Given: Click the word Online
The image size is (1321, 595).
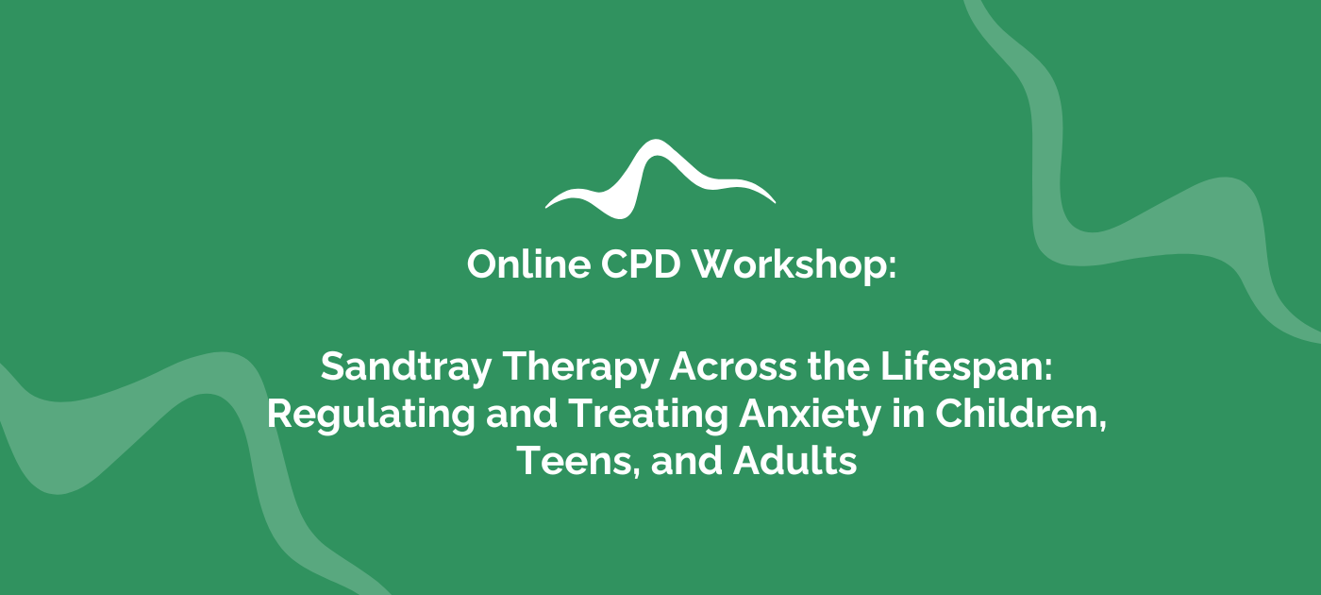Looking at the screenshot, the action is (x=528, y=263).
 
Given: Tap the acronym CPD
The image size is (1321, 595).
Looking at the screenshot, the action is (x=641, y=263).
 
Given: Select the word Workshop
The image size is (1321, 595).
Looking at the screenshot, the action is (x=788, y=265).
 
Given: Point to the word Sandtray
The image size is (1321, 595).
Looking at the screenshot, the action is (x=406, y=367).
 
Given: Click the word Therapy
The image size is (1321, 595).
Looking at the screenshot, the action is (x=580, y=367).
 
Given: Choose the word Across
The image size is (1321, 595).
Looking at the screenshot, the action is (x=733, y=366).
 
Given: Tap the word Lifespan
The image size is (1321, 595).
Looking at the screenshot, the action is (x=961, y=367).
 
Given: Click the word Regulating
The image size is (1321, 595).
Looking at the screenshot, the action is (x=371, y=415).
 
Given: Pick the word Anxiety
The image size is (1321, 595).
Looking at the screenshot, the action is (x=810, y=415).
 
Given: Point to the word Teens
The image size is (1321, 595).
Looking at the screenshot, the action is (x=575, y=461).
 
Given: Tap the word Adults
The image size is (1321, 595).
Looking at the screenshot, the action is (x=794, y=461).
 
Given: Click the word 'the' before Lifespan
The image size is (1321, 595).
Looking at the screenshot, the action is (x=839, y=366).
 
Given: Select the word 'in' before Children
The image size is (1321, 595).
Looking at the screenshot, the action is (x=908, y=414).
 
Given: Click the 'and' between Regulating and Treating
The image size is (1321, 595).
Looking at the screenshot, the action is (x=521, y=414).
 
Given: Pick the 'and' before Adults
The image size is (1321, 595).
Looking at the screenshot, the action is (x=687, y=461).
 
